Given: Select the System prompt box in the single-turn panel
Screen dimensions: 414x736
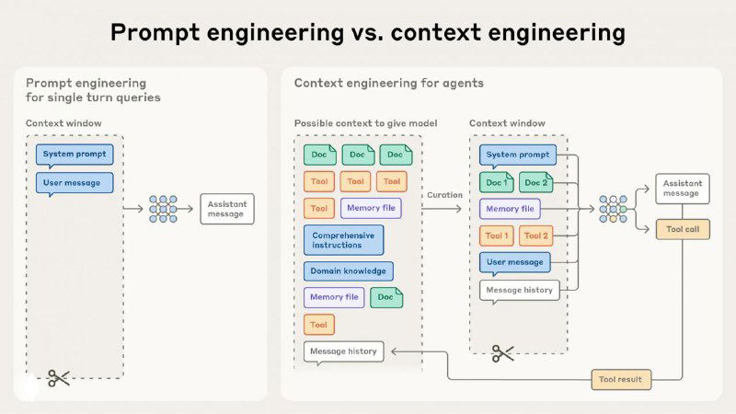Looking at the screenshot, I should pos(75,155).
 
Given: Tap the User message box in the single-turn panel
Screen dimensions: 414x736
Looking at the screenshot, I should pos(75,183).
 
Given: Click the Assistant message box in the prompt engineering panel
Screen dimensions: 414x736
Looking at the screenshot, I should pos(225,209).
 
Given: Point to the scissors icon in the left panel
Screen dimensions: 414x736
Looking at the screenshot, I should pos(59,377).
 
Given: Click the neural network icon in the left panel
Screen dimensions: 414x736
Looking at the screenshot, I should pos(163,209).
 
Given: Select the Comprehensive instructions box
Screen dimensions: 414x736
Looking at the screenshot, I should pos(343,240).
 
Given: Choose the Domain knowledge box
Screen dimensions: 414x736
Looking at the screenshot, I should pos(348,271).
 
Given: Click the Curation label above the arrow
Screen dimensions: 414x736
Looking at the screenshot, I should pos(443,195).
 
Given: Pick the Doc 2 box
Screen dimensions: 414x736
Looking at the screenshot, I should pos(536,182).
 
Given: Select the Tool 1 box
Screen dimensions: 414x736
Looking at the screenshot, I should pos(497,236).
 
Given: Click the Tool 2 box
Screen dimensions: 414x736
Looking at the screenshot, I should pos(535,236).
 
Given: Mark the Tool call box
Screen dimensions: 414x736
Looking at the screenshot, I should pos(682,229).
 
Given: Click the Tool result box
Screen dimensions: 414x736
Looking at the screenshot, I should pos(621,378).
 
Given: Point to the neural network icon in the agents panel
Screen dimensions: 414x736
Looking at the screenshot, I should pos(614,209).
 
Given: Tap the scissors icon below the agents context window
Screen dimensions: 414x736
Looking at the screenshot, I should pos(502,353).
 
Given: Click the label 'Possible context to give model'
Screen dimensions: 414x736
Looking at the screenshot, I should pos(365,123).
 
